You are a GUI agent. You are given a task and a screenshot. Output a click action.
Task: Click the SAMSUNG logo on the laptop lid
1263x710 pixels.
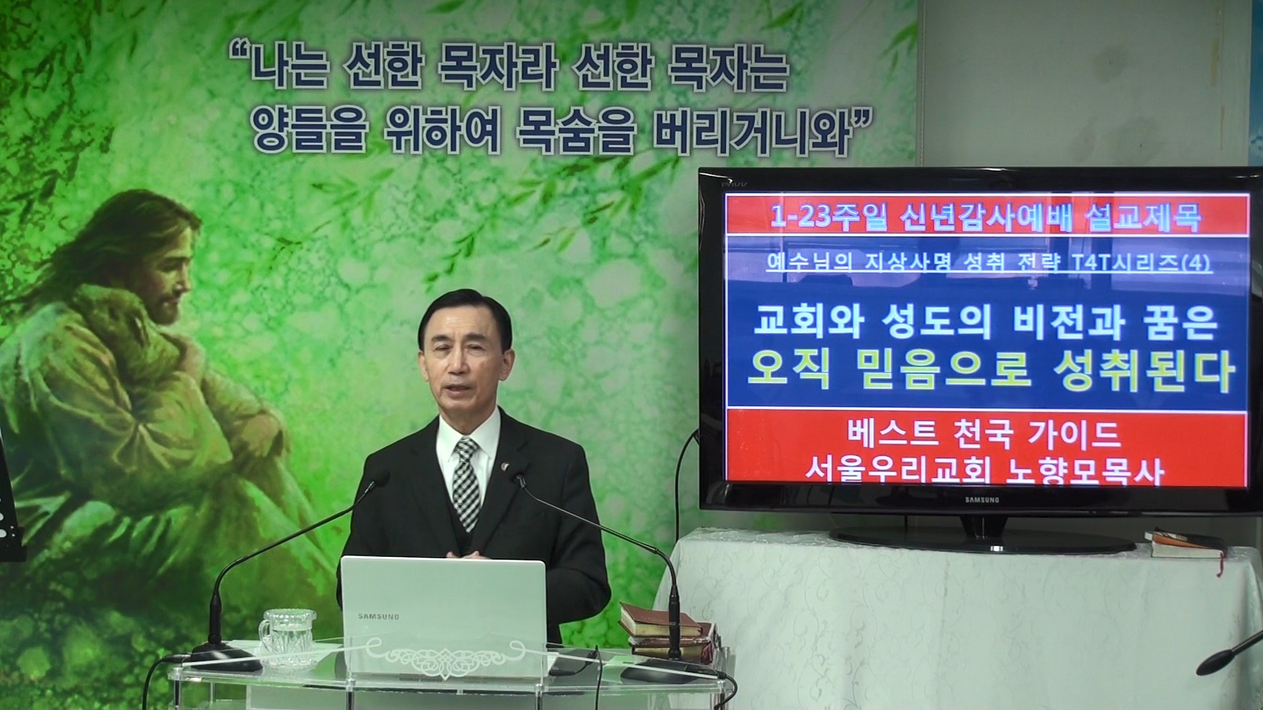[x=378, y=617]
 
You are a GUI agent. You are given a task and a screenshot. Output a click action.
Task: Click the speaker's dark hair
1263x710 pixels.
[x=464, y=316]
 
